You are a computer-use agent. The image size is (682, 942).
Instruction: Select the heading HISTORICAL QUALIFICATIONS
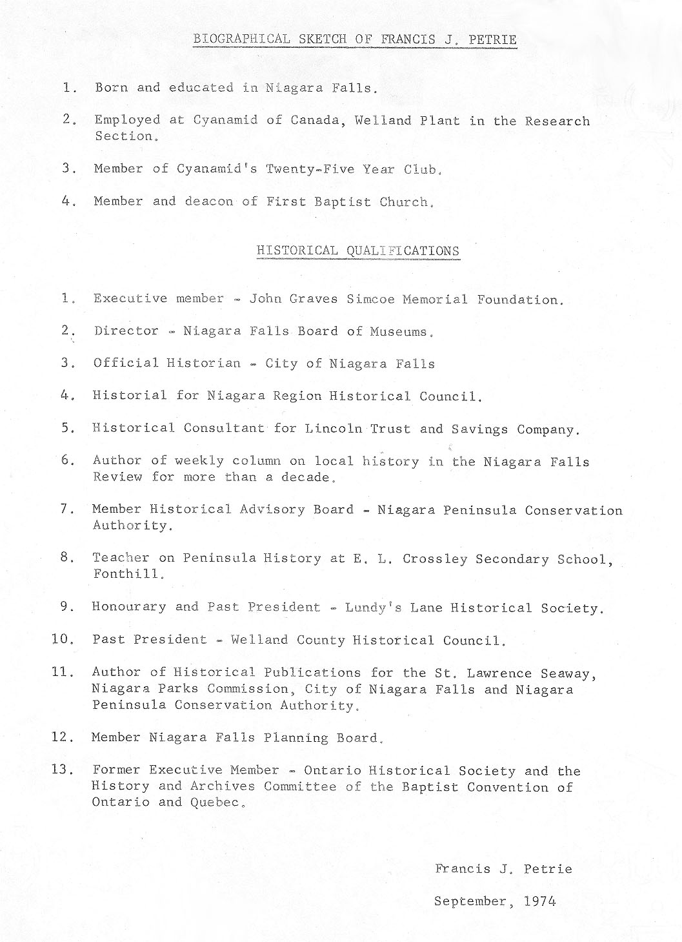(x=358, y=251)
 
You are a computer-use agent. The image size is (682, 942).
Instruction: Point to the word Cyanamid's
(x=212, y=169)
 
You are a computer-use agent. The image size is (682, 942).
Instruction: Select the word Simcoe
(x=370, y=299)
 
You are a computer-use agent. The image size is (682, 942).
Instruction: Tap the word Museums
(x=398, y=332)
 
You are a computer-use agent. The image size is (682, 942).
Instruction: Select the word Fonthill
(x=125, y=574)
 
